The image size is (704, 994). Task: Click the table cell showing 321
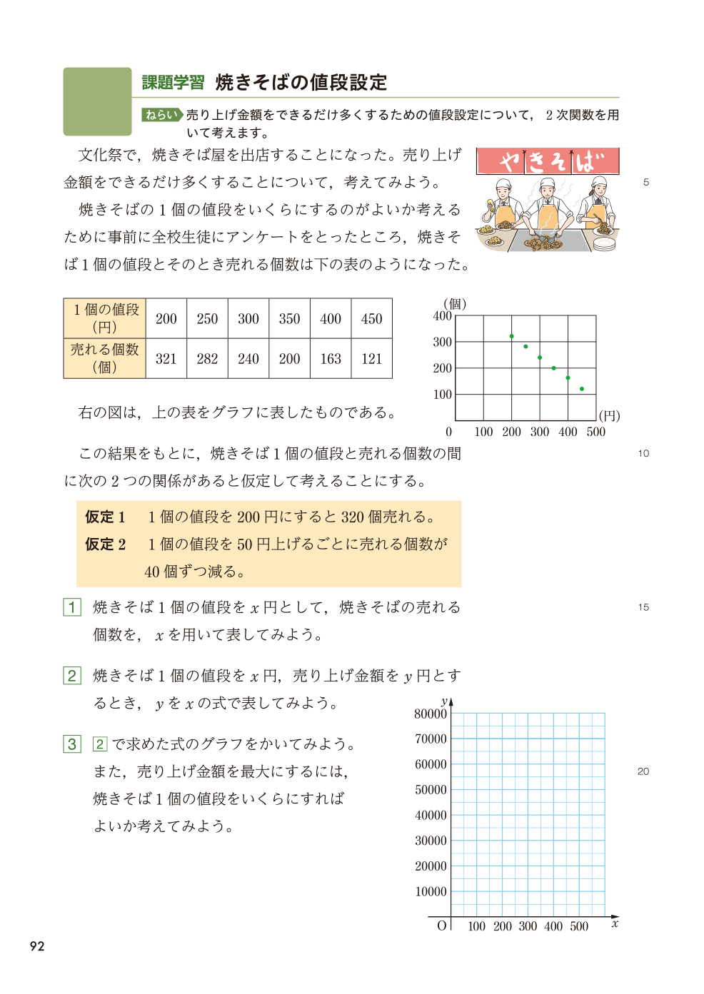click(166, 359)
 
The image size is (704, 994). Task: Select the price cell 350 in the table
click(289, 319)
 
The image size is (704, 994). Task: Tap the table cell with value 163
click(331, 359)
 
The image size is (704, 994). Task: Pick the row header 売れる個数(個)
click(105, 358)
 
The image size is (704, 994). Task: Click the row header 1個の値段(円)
click(105, 318)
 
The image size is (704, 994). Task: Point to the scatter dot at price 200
click(512, 336)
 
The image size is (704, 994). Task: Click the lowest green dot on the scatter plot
click(582, 389)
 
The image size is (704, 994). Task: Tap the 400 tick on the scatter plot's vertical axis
click(443, 316)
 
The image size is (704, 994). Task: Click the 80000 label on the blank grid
click(431, 714)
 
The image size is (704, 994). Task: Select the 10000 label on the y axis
click(431, 891)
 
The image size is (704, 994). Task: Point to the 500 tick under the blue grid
click(579, 926)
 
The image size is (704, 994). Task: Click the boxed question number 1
click(72, 607)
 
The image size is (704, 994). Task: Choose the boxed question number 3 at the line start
click(72, 744)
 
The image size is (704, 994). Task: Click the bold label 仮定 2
click(106, 544)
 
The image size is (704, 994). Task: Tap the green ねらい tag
click(161, 115)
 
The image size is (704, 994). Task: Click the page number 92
click(37, 946)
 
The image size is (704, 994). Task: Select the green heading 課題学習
click(173, 83)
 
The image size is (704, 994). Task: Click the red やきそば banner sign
click(548, 161)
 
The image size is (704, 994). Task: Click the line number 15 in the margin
click(643, 607)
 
